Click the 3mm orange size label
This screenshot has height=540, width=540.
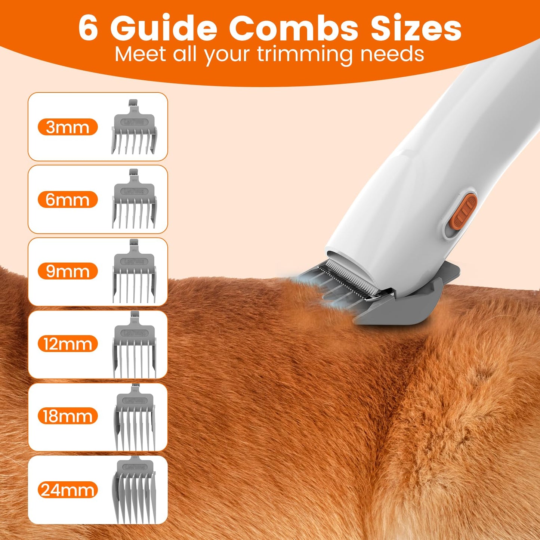pyautogui.click(x=68, y=127)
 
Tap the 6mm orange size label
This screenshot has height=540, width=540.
pyautogui.click(x=68, y=200)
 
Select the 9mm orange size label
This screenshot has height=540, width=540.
pyautogui.click(x=68, y=271)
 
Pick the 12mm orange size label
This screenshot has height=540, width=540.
pyautogui.click(x=68, y=344)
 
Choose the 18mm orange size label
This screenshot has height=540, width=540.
pyautogui.click(x=68, y=416)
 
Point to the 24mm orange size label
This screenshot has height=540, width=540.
pyautogui.click(x=68, y=490)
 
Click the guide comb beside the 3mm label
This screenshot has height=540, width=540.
pyautogui.click(x=134, y=129)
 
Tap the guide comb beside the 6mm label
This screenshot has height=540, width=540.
pyautogui.click(x=134, y=201)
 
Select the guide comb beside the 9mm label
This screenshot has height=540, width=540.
pyautogui.click(x=134, y=273)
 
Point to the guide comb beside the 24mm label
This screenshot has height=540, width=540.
pyautogui.click(x=134, y=490)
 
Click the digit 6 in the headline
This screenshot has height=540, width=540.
pyautogui.click(x=89, y=28)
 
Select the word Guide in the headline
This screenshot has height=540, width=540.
pyautogui.click(x=164, y=28)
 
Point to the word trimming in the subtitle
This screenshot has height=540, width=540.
pyautogui.click(x=304, y=55)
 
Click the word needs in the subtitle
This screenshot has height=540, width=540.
pyautogui.click(x=392, y=54)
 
